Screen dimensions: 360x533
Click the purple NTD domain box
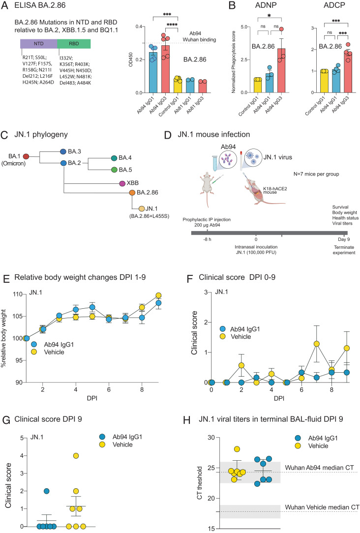click(x=39, y=44)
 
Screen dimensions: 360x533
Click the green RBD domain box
click(x=74, y=44)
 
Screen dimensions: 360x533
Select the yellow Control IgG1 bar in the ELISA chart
click(x=177, y=86)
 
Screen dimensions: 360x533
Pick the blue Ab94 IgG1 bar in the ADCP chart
click(x=336, y=81)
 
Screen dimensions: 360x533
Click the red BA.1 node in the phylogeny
click(x=26, y=156)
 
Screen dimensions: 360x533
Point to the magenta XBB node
click(x=122, y=183)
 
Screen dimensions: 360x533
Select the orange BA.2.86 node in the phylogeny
click(x=132, y=193)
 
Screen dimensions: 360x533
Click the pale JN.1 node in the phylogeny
click(x=142, y=208)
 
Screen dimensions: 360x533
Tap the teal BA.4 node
click(x=114, y=158)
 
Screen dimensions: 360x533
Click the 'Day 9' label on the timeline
click(x=344, y=239)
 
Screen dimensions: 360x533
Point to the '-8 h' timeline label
click(x=207, y=239)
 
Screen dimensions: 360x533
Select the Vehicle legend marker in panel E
click(x=34, y=352)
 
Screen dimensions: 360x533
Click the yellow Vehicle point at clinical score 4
click(x=76, y=456)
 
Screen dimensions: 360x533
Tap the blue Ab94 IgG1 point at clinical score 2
click(x=47, y=491)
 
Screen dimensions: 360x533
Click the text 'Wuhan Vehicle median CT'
click(x=322, y=507)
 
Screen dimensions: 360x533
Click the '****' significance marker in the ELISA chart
click(x=172, y=25)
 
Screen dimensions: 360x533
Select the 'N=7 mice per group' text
click(x=316, y=174)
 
